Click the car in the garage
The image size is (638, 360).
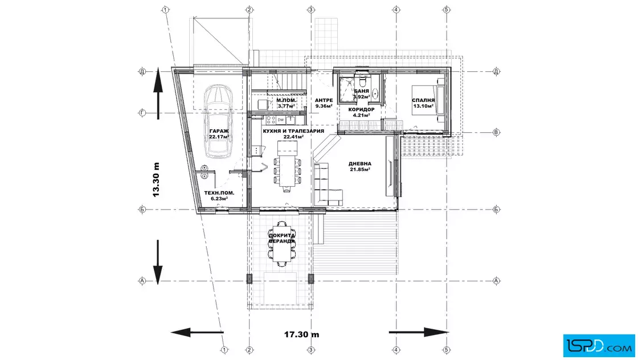(x=218, y=121)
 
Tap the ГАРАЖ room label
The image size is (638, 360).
(x=219, y=131)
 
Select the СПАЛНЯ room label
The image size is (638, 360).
(x=423, y=100)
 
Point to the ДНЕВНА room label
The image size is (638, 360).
(x=359, y=164)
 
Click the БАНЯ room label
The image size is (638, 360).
(x=361, y=91)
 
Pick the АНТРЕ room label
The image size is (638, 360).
(x=324, y=100)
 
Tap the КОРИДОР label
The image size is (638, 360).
(x=361, y=109)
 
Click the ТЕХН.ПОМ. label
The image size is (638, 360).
(x=219, y=193)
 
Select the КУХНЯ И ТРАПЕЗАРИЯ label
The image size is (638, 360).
(x=293, y=131)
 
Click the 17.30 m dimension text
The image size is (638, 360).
(x=301, y=335)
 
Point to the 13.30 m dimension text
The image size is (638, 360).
(x=156, y=180)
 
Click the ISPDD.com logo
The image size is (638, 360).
(x=599, y=346)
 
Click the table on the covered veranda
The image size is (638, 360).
(x=281, y=243)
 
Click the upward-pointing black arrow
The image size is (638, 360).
(x=158, y=93)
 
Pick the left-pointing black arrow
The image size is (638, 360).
(x=197, y=332)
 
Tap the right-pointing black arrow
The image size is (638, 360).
(x=419, y=332)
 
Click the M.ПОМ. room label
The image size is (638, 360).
(x=287, y=100)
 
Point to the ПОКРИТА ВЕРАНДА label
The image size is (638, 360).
(x=281, y=238)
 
